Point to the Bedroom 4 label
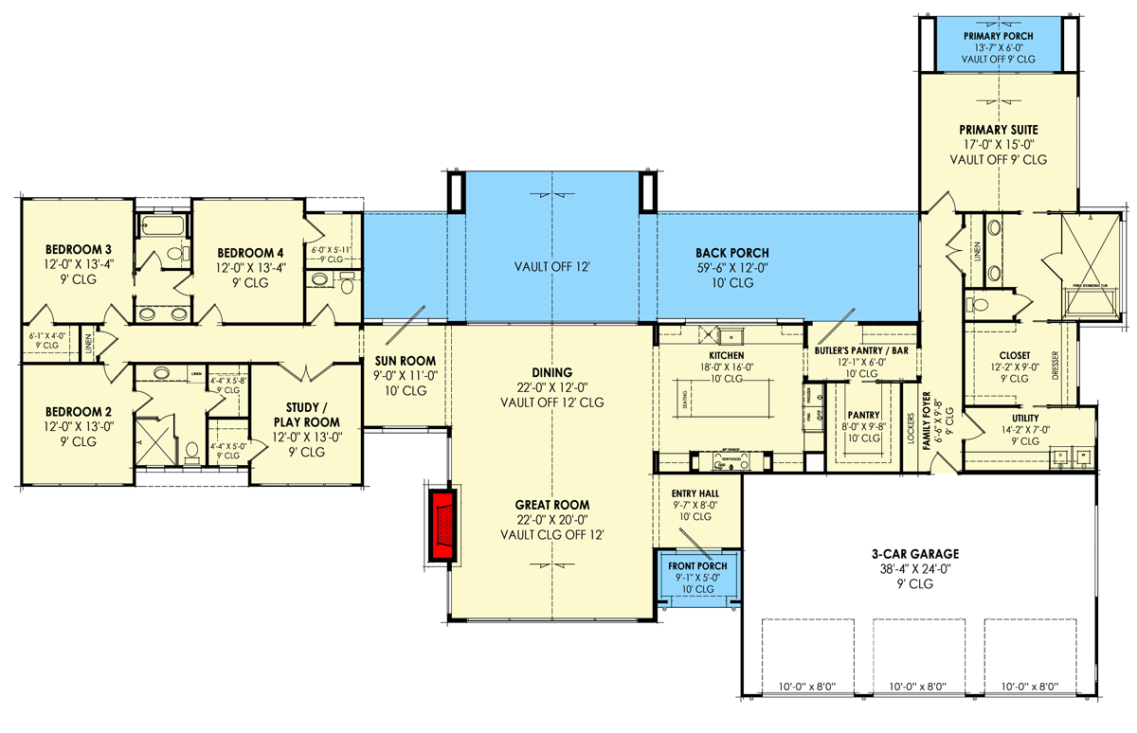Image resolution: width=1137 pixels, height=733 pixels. [250, 252]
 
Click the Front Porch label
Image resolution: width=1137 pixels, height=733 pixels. [697, 566]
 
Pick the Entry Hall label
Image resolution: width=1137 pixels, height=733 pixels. [695, 494]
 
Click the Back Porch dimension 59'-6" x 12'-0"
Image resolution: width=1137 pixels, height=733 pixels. [731, 268]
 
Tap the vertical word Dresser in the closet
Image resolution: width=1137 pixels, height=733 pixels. [1056, 365]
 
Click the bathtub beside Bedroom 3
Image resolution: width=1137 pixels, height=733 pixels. [153, 225]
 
